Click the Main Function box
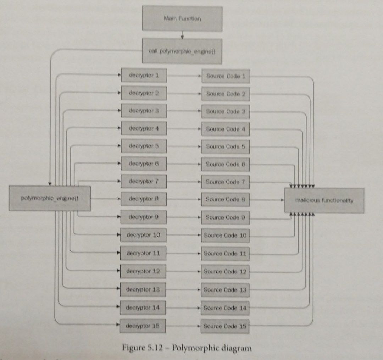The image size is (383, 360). pyautogui.click(x=182, y=18)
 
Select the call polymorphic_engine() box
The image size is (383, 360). pyautogui.click(x=182, y=51)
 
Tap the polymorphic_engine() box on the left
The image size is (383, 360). pyautogui.click(x=50, y=198)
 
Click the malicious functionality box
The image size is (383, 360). pyautogui.click(x=324, y=200)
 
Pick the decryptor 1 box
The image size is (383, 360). pyautogui.click(x=144, y=75)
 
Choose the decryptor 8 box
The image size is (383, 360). pyautogui.click(x=144, y=199)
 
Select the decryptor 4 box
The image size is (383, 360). pyautogui.click(x=144, y=128)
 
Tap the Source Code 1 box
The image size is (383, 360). pyautogui.click(x=226, y=76)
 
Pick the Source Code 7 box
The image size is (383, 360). pyautogui.click(x=226, y=182)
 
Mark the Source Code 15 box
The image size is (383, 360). pyautogui.click(x=225, y=326)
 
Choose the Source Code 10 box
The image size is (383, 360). pyautogui.click(x=225, y=235)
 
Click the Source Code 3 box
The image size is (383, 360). pyautogui.click(x=226, y=111)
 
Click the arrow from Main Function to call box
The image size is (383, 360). pyautogui.click(x=182, y=35)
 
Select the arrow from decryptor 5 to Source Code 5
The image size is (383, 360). pyautogui.click(x=184, y=146)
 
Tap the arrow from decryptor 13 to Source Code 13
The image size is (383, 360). pyautogui.click(x=184, y=289)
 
